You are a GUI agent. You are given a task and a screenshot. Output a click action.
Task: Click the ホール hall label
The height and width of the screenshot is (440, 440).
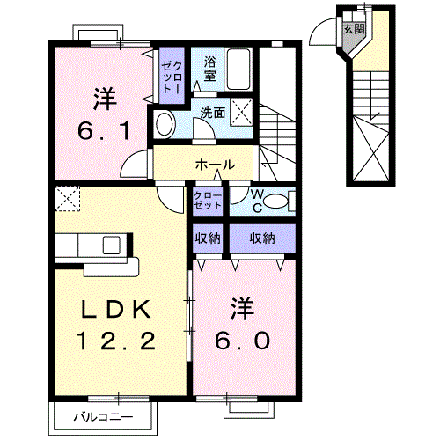[x=215, y=165]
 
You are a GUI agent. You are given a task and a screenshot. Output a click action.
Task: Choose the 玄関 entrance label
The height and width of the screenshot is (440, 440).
[x=352, y=29]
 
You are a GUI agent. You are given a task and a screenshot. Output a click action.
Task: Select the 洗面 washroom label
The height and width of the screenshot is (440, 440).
[x=212, y=113]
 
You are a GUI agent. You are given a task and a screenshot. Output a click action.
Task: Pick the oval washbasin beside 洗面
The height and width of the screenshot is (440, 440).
[x=165, y=124]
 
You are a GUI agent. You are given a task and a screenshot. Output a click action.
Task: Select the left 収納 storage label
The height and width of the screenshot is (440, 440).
[x=208, y=238]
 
